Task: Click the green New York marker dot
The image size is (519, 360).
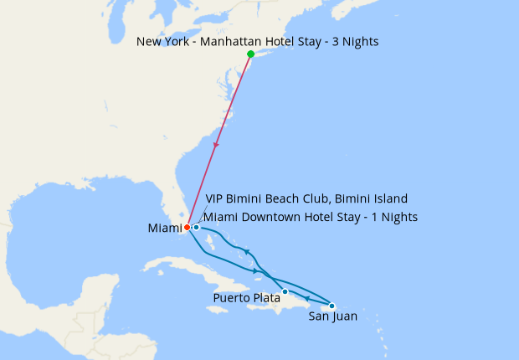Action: (250, 54)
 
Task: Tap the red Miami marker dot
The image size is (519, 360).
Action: (187, 228)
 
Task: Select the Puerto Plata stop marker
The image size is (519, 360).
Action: (285, 292)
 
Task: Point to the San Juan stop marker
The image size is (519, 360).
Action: (331, 306)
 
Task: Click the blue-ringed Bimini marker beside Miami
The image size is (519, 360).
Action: (196, 227)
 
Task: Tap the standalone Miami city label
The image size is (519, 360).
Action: (164, 229)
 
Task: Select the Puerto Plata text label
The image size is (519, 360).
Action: (247, 297)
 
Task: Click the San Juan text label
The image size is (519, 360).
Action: (333, 316)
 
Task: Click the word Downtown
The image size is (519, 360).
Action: (273, 217)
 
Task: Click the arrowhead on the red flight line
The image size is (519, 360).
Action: (218, 146)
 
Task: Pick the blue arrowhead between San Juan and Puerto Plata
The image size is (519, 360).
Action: (308, 299)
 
